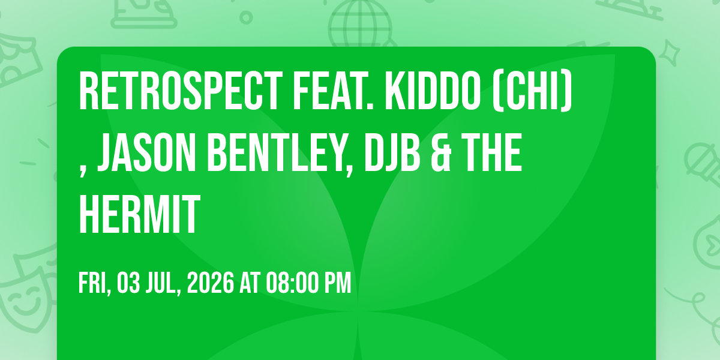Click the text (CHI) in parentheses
click(533, 92)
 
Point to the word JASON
click(146, 152)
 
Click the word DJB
click(392, 152)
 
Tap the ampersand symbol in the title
click(442, 152)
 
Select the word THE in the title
click(492, 152)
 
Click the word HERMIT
click(139, 214)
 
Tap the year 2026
click(210, 283)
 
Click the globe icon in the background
click(360, 23)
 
